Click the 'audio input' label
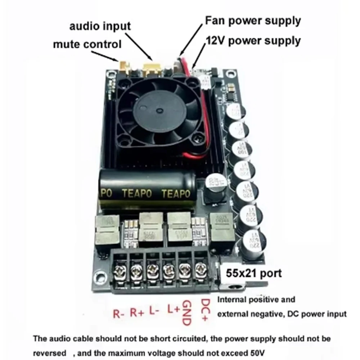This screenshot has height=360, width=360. point(100,27)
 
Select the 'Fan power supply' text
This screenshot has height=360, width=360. point(252,21)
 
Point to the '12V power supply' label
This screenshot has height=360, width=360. point(252,41)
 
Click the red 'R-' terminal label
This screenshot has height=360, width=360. point(118,312)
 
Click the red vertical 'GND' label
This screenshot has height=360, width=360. point(187,312)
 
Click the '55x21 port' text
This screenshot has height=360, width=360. point(254,273)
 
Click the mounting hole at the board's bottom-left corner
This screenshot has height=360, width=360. point(97,278)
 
